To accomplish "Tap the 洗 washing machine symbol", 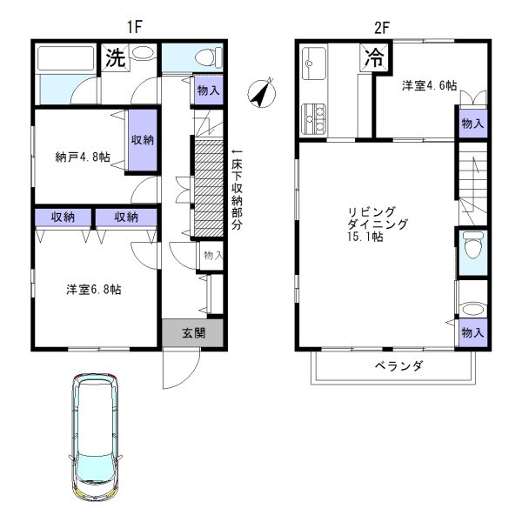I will point(114,59).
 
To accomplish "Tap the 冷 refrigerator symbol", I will point(374,59).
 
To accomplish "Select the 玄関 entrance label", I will point(193,331).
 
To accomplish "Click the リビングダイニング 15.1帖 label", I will point(371,224).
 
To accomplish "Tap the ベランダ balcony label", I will point(399,366).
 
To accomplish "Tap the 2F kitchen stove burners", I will point(313,117).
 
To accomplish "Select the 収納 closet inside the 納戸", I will point(144,140).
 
